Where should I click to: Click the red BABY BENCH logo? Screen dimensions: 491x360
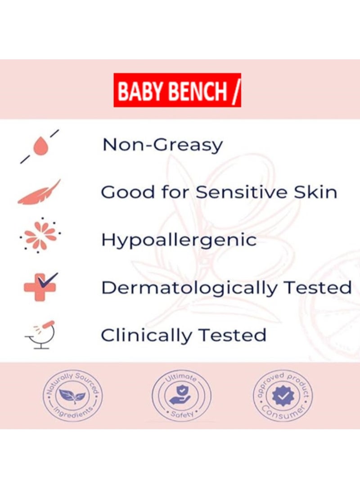tap(177, 90)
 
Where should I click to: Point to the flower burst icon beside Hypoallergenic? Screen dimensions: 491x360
tap(40, 235)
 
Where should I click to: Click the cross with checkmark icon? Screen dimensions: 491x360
tap(40, 286)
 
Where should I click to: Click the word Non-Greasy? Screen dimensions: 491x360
tap(162, 145)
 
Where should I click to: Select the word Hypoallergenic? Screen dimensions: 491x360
tap(179, 240)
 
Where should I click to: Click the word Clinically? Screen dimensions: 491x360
tap(146, 335)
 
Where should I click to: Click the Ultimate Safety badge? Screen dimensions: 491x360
tap(181, 394)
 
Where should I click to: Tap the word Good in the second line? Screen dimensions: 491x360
tap(121, 192)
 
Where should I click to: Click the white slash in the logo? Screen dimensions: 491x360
tap(235, 91)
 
